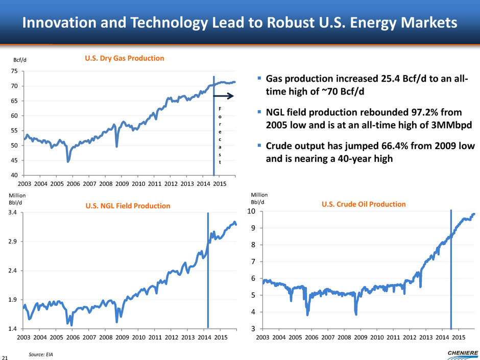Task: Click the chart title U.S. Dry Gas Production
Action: (125, 58)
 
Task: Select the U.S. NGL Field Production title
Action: (128, 206)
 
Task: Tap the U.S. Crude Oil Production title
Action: (364, 204)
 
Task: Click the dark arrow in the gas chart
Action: (223, 95)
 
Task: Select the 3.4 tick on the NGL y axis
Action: (14, 212)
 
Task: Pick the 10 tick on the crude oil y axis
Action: (251, 211)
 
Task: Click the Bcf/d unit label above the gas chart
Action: (19, 60)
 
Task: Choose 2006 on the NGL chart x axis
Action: (73, 338)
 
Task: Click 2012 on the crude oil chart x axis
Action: (410, 338)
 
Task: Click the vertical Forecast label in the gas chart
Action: (220, 135)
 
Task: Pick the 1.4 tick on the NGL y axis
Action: (14, 328)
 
